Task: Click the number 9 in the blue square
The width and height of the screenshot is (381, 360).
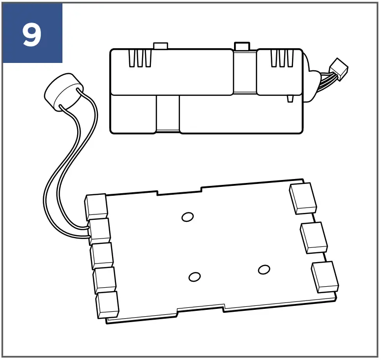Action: tap(31, 33)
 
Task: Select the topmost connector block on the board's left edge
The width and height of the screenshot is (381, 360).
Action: tap(96, 207)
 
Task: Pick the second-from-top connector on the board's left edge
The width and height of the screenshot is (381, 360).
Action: tap(100, 231)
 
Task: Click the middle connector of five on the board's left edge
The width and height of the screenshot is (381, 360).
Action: tap(102, 255)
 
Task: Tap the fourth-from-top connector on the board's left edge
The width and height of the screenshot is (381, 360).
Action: tap(105, 279)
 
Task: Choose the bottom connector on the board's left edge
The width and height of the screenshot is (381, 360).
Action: tap(108, 304)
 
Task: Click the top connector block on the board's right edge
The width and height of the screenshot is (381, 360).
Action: tap(303, 198)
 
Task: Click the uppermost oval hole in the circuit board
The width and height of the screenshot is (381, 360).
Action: tap(187, 216)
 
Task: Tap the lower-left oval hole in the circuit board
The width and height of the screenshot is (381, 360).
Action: tap(195, 277)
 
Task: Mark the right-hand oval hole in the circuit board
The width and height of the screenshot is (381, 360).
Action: tap(264, 269)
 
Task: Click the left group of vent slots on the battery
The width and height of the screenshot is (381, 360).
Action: tap(139, 59)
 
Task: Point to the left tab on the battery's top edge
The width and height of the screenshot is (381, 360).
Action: tap(161, 46)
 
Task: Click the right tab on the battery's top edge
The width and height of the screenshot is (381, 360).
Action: tap(241, 46)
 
